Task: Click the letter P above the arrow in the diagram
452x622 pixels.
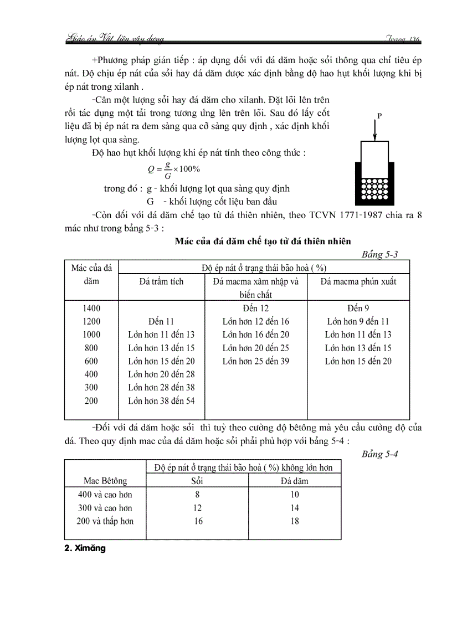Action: point(380,115)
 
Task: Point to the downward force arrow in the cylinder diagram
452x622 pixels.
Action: point(376,130)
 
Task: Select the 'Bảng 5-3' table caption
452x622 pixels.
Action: point(379,254)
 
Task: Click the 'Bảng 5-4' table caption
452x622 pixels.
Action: point(379,454)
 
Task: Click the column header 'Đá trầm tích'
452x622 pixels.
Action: point(161,281)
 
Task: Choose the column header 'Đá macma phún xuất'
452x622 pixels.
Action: point(358,281)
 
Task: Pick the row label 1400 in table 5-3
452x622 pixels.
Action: point(91,308)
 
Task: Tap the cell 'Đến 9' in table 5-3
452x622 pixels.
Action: point(358,308)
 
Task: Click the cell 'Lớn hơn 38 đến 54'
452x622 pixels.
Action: point(161,401)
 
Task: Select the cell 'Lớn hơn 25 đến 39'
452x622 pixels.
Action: point(255,361)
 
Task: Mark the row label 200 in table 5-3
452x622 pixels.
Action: point(91,401)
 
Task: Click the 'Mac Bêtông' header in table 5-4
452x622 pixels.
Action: point(105,481)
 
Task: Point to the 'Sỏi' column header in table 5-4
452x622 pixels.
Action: point(197,481)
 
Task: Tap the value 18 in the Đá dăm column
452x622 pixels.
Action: point(295,521)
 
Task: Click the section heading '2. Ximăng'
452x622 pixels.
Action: point(85,549)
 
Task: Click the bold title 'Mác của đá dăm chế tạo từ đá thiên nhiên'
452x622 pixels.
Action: point(263,240)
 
